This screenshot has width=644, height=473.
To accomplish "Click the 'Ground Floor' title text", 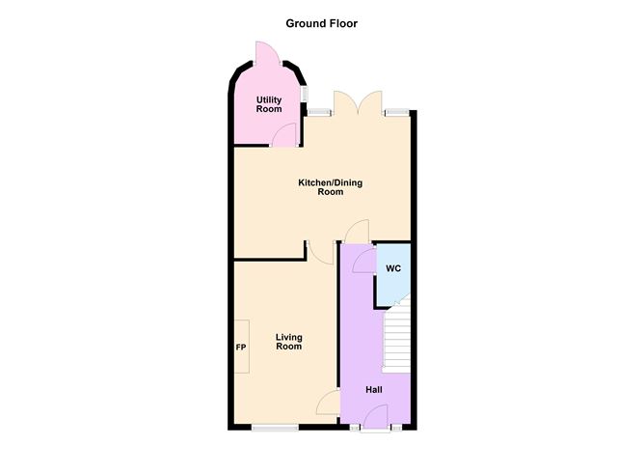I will pyautogui.click(x=322, y=23).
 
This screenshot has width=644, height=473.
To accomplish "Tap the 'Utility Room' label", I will pyautogui.click(x=268, y=104).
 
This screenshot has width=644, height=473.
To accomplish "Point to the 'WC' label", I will pyautogui.click(x=393, y=268).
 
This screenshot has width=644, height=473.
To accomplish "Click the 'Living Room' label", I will pyautogui.click(x=288, y=343).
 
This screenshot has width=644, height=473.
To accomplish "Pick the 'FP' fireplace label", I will pyautogui.click(x=240, y=348).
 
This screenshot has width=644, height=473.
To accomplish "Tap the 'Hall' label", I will pyautogui.click(x=374, y=390).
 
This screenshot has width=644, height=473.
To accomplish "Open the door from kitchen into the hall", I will pyautogui.click(x=356, y=232).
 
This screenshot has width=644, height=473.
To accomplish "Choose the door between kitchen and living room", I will pyautogui.click(x=319, y=250).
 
